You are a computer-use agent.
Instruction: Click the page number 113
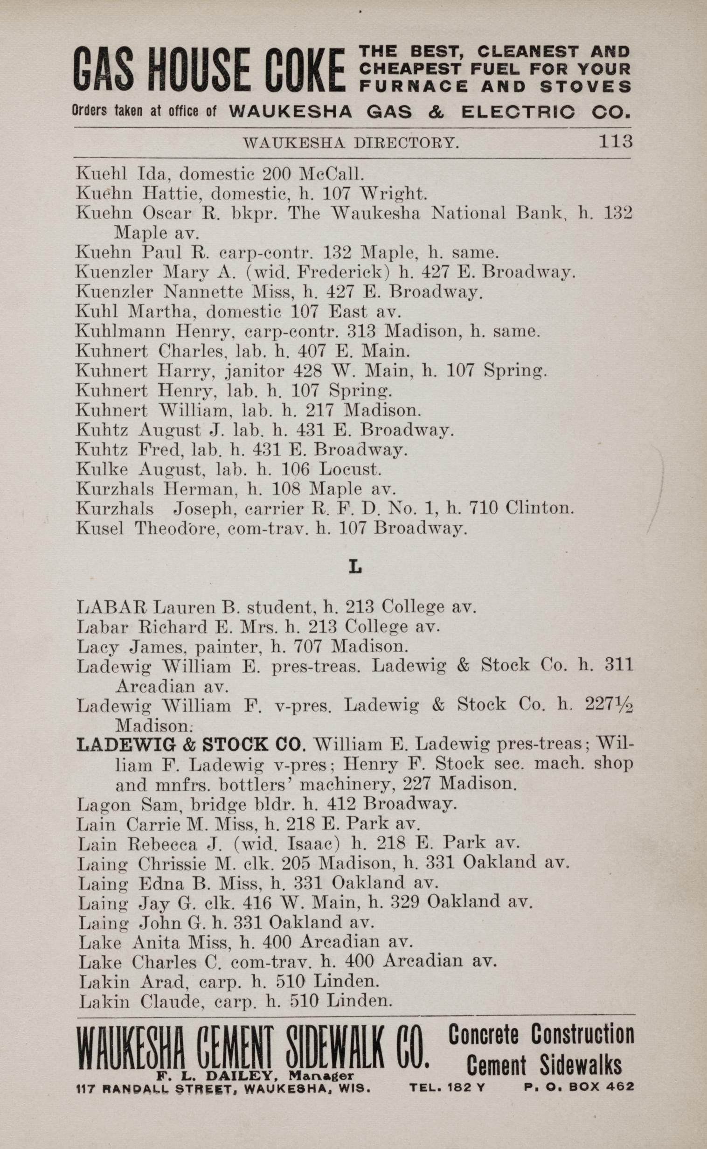tap(615, 141)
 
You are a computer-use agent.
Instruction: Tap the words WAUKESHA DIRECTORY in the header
tap(351, 143)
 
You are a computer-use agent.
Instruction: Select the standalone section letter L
tap(355, 567)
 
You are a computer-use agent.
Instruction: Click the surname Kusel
tap(100, 529)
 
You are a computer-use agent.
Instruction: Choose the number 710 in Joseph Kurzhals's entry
tap(483, 508)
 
